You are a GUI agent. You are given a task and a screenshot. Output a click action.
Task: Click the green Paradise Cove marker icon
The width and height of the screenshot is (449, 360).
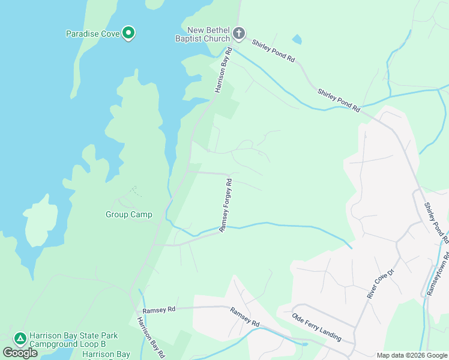coord(128,33)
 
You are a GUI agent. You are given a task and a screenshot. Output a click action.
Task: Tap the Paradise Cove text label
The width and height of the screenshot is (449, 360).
coord(92,34)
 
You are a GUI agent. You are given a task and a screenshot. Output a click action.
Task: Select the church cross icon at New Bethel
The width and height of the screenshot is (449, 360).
coord(239,33)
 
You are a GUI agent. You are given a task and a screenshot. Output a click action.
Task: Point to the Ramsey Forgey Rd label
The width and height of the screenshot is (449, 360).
coord(226,205)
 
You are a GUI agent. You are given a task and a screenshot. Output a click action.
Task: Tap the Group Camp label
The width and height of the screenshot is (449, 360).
coord(128,214)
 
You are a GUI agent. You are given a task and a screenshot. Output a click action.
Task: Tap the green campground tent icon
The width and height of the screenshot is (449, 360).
coord(20,339)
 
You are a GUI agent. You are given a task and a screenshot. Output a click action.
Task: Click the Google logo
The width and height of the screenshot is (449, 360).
coord(20,352)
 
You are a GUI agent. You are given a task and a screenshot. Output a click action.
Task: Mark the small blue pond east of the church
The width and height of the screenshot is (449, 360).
coord(297,40)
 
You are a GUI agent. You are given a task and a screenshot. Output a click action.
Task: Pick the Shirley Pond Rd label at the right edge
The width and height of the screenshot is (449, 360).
coord(436,222)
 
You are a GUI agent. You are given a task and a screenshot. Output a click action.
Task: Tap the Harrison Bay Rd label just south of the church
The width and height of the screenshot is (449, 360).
coord(223,71)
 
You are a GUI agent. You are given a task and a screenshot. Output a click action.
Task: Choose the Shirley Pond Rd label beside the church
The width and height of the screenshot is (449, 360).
coord(274,51)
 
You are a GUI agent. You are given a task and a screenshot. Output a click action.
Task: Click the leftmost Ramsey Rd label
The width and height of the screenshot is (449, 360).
coord(159,309)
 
